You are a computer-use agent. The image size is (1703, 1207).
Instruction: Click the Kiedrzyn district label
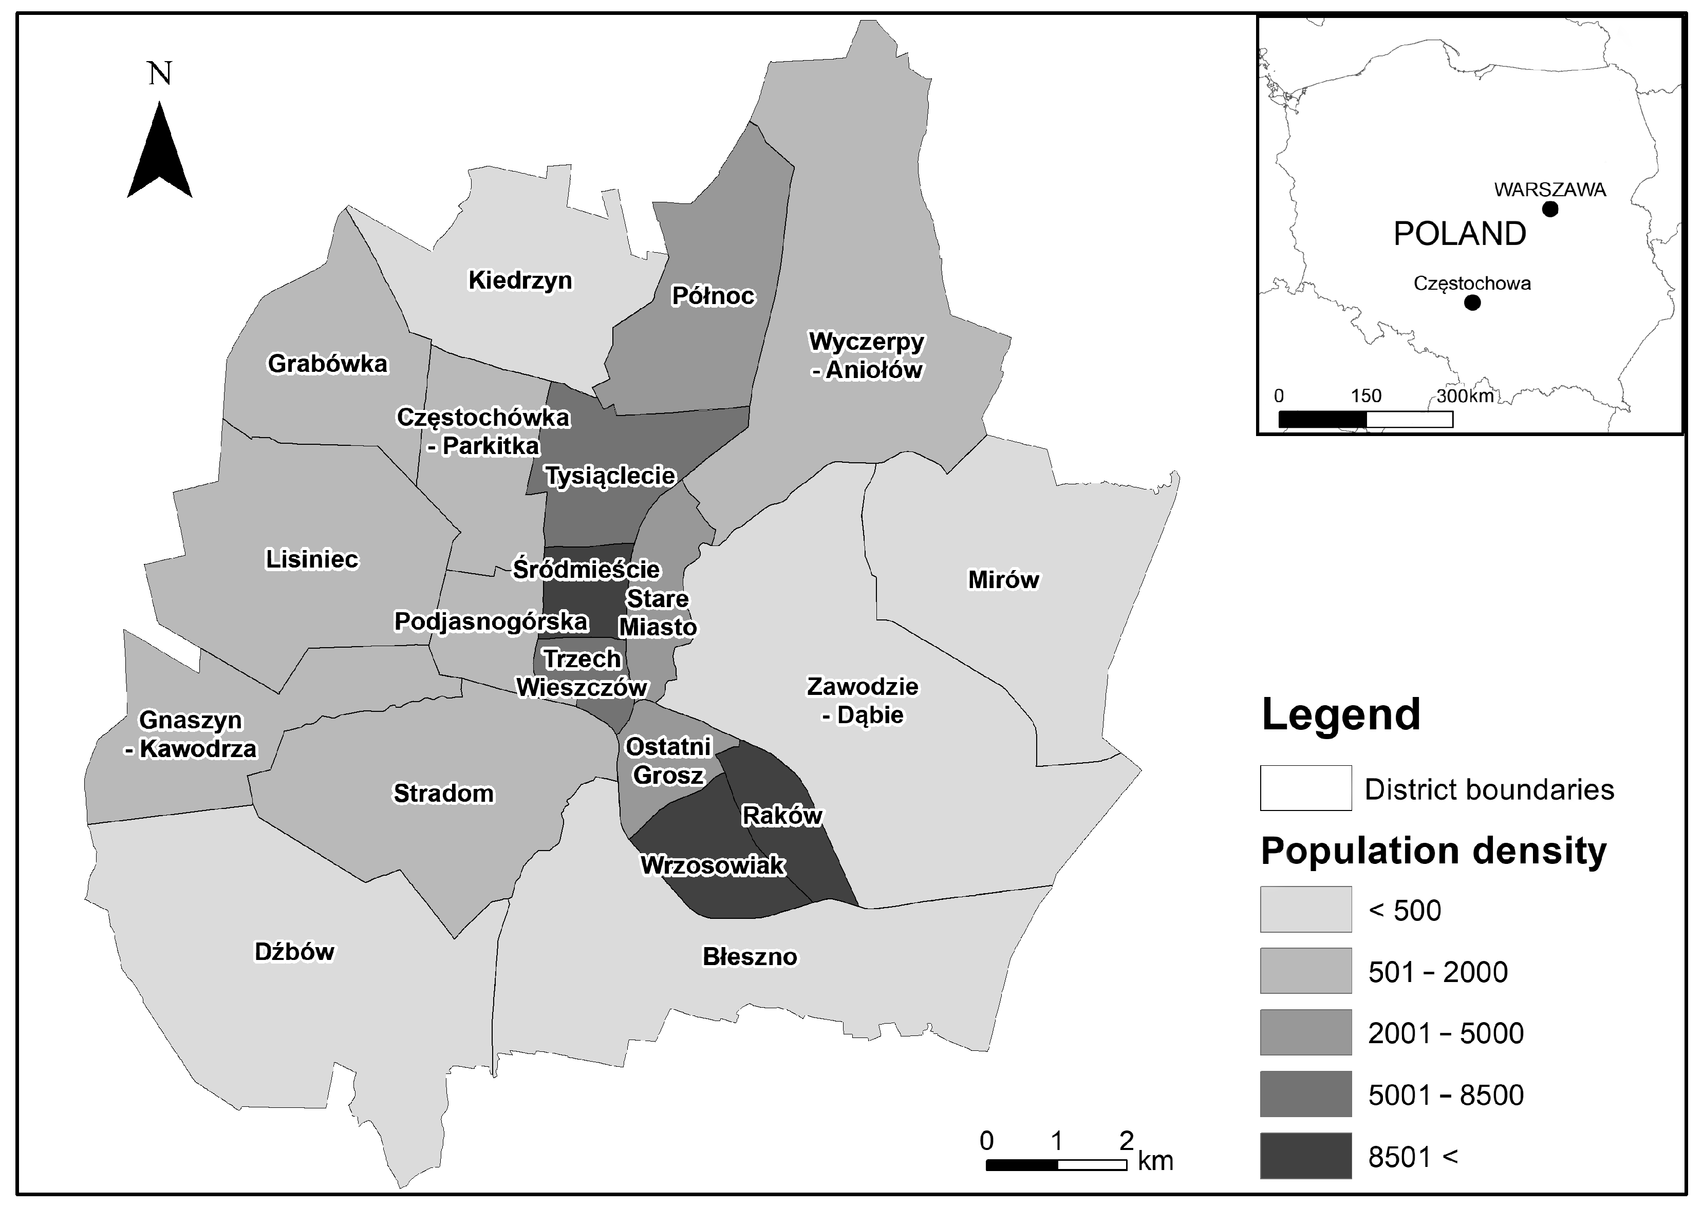tap(519, 280)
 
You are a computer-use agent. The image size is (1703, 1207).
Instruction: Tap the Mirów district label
tap(1003, 580)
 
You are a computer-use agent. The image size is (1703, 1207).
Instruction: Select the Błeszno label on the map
tap(750, 956)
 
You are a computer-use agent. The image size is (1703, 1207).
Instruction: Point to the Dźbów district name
tap(294, 952)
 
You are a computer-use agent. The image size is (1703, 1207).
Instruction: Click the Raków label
tap(782, 815)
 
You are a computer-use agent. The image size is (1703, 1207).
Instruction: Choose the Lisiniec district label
tap(311, 559)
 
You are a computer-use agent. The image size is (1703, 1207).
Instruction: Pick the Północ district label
tap(712, 296)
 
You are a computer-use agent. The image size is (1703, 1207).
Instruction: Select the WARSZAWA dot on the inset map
tap(1550, 209)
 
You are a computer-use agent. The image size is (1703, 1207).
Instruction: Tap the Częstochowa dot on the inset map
tap(1472, 303)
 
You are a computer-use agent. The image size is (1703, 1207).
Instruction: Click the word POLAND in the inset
tap(1459, 234)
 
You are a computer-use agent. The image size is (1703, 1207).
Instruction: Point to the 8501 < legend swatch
tap(1305, 1156)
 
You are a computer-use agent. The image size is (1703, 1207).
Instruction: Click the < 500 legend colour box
tap(1305, 909)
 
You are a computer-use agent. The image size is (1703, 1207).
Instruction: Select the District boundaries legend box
tap(1305, 788)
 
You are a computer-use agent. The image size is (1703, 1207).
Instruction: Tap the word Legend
tap(1341, 714)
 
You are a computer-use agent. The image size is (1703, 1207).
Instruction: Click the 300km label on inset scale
tap(1465, 396)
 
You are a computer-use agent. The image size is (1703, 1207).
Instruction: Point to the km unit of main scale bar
tap(1155, 1160)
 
